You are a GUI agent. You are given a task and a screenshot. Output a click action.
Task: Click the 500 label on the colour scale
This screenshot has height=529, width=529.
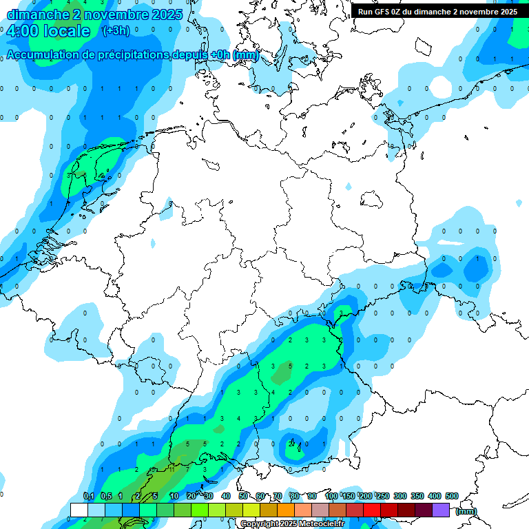coord(452,496)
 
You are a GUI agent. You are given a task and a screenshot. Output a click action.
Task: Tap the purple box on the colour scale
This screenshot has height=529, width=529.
coord(441,510)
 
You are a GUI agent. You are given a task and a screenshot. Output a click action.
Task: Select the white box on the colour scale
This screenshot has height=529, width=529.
coord(79,510)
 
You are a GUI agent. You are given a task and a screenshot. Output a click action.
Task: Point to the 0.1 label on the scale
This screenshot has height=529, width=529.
coord(89,496)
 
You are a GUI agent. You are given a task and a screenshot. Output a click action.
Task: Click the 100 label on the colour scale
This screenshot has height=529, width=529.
coord(331,496)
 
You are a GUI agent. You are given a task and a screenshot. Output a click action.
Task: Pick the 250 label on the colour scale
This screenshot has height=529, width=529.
coord(383,496)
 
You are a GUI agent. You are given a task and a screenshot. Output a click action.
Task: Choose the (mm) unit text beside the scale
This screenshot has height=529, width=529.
coord(466,511)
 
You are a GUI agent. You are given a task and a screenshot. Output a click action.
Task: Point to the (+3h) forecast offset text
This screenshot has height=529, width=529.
coord(115,31)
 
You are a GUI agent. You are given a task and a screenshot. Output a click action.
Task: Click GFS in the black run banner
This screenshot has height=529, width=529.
coord(382,12)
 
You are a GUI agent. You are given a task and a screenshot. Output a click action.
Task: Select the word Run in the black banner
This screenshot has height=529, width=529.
coord(366,12)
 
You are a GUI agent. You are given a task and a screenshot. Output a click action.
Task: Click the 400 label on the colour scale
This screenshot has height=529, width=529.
coord(435,496)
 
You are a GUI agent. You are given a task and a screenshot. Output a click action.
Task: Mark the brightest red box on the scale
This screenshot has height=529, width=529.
coord(372,510)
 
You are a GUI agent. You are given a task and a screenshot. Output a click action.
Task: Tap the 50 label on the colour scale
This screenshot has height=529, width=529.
coord(244,496)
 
